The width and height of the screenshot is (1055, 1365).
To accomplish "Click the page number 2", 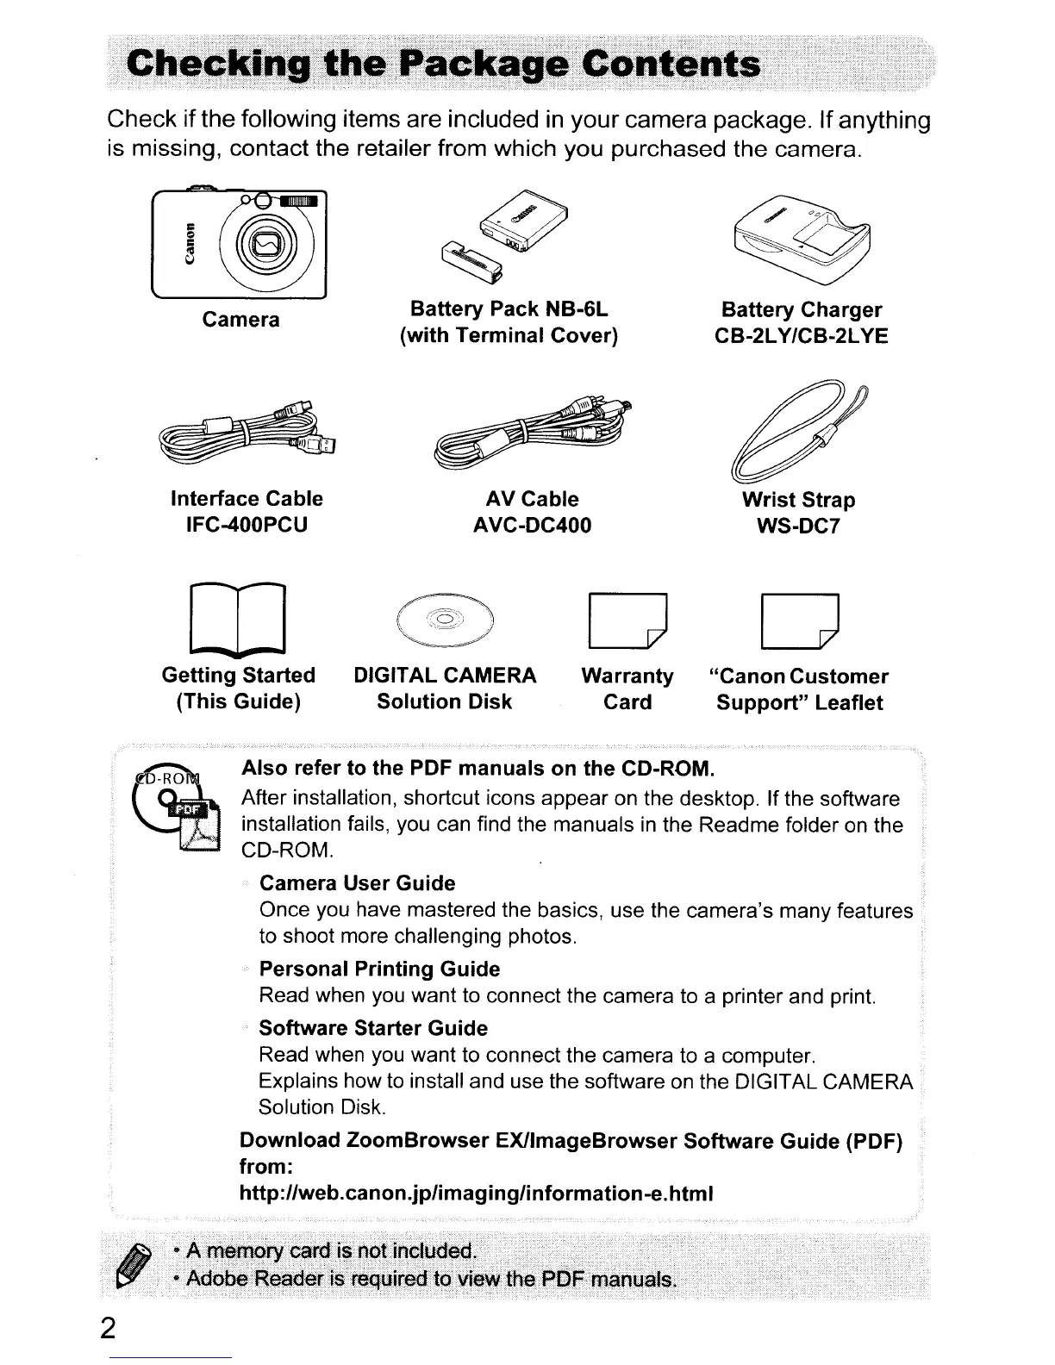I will (107, 1328).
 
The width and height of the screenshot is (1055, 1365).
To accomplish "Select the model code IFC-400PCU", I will (247, 525).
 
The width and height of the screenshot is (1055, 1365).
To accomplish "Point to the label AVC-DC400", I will (533, 525).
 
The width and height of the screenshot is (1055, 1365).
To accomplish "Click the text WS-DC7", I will (798, 526).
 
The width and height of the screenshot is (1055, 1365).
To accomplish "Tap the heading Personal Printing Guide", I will (379, 969).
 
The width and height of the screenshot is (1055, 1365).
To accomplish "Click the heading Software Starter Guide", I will (373, 1028).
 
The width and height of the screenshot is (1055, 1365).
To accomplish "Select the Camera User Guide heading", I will (357, 883).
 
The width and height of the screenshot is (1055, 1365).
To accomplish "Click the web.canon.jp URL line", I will (477, 1194).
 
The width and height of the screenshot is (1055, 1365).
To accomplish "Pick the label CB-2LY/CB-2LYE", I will (802, 336).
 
